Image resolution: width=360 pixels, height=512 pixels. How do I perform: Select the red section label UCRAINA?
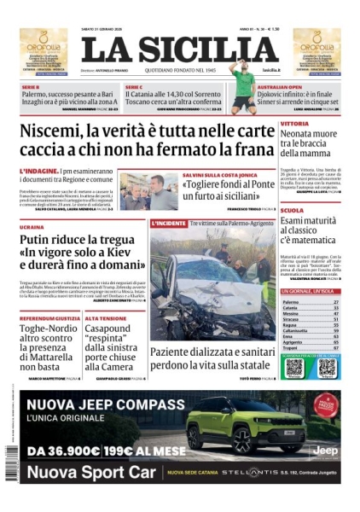pos(32,228)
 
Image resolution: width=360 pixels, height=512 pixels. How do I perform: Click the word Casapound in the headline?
pos(116,330)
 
